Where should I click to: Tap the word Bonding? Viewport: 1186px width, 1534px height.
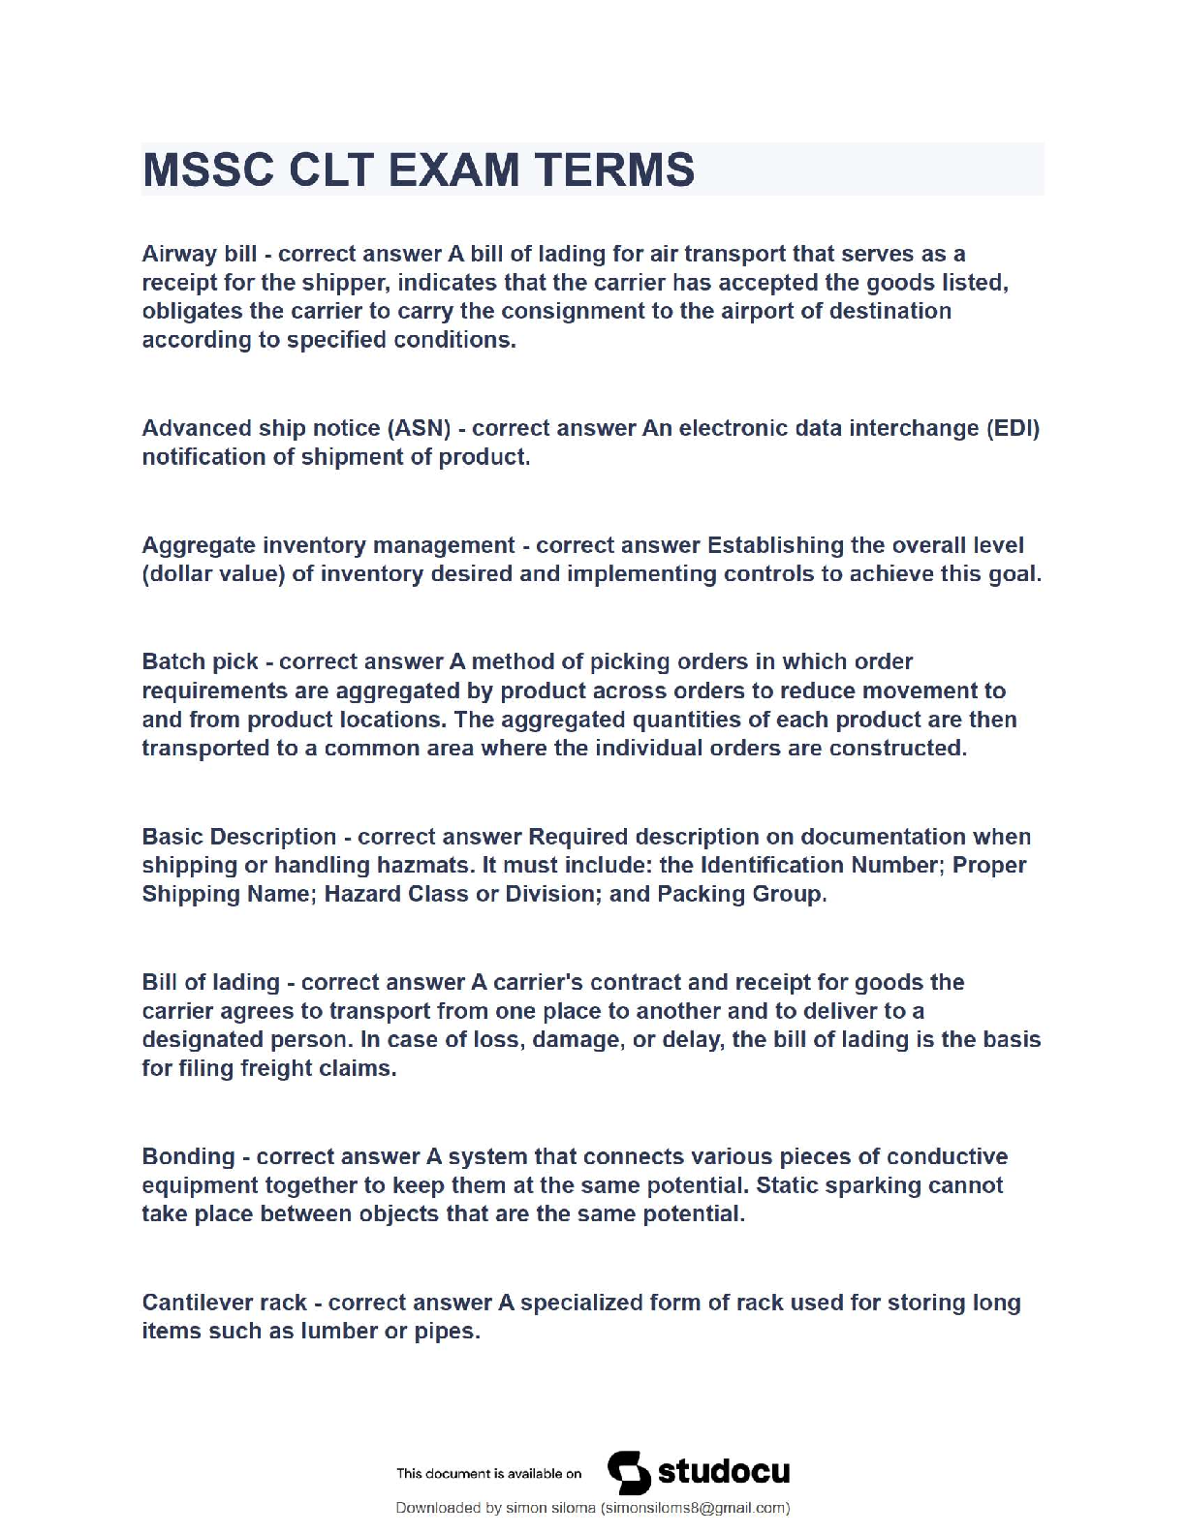click(188, 1156)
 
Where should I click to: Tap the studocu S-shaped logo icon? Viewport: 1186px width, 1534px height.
click(629, 1473)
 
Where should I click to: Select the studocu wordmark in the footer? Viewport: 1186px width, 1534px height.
click(724, 1472)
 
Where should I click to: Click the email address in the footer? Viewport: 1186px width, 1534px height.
click(695, 1508)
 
